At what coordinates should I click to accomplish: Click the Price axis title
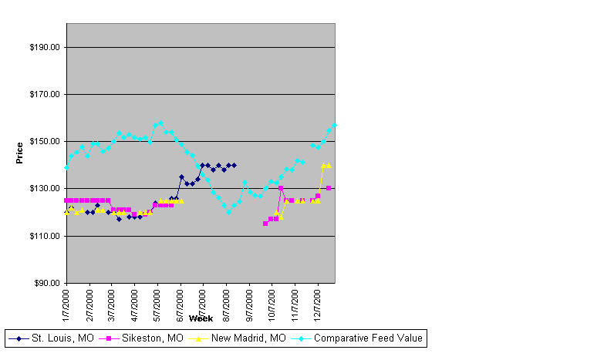20,153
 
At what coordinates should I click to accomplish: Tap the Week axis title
201,318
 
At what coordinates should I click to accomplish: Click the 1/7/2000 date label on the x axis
67,304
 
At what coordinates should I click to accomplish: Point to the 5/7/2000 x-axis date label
158,304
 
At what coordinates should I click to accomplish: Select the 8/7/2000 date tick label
227,304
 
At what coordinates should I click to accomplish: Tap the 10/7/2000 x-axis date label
272,305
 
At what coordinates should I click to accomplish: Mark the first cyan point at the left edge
67,167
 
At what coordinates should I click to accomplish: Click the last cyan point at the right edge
334,125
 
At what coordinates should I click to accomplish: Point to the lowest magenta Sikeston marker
265,224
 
